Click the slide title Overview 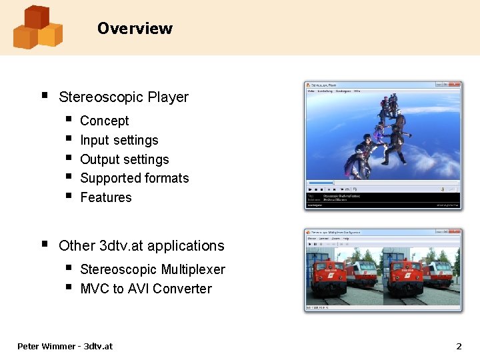click(135, 29)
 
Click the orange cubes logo click(37, 27)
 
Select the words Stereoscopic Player click(123, 97)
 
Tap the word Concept click(104, 121)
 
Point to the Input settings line click(119, 140)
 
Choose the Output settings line click(124, 159)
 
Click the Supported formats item click(134, 178)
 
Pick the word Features click(105, 197)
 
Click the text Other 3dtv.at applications click(141, 246)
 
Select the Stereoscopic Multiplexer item click(152, 269)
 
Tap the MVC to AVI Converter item click(145, 289)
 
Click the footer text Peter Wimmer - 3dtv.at click(65, 346)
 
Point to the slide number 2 click(458, 346)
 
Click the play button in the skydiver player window click(310, 189)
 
